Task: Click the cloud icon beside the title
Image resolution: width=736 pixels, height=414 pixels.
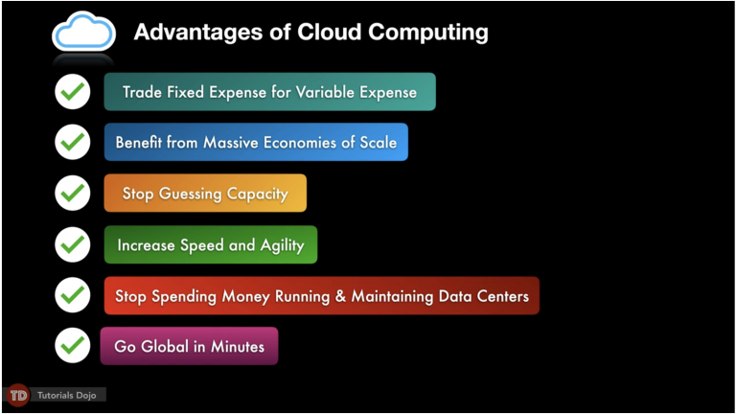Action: [x=83, y=32]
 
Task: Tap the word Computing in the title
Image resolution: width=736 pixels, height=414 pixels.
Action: [x=427, y=33]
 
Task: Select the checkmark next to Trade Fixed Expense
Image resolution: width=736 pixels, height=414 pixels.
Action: [x=72, y=92]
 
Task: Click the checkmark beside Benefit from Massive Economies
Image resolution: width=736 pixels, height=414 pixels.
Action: [x=72, y=142]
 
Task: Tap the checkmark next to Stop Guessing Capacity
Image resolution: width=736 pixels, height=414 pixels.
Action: [x=72, y=193]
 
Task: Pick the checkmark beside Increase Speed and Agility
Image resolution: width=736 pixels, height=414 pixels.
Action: [x=72, y=244]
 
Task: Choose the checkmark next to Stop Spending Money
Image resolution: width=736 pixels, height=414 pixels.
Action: [x=72, y=295]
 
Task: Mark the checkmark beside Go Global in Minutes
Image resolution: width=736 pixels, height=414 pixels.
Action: [x=72, y=345]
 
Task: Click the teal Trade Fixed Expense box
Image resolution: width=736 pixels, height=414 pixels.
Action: [x=269, y=92]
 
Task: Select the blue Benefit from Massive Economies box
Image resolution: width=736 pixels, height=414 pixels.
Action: [x=256, y=142]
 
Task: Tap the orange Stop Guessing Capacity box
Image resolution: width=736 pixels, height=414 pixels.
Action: [x=205, y=194]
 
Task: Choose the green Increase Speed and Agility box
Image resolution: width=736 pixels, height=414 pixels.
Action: [x=210, y=245]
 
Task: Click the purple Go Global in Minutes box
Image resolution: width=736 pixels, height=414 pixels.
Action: [x=189, y=346]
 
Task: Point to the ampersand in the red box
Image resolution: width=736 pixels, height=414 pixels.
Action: [x=339, y=296]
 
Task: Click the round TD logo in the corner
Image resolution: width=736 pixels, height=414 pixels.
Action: [x=17, y=395]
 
